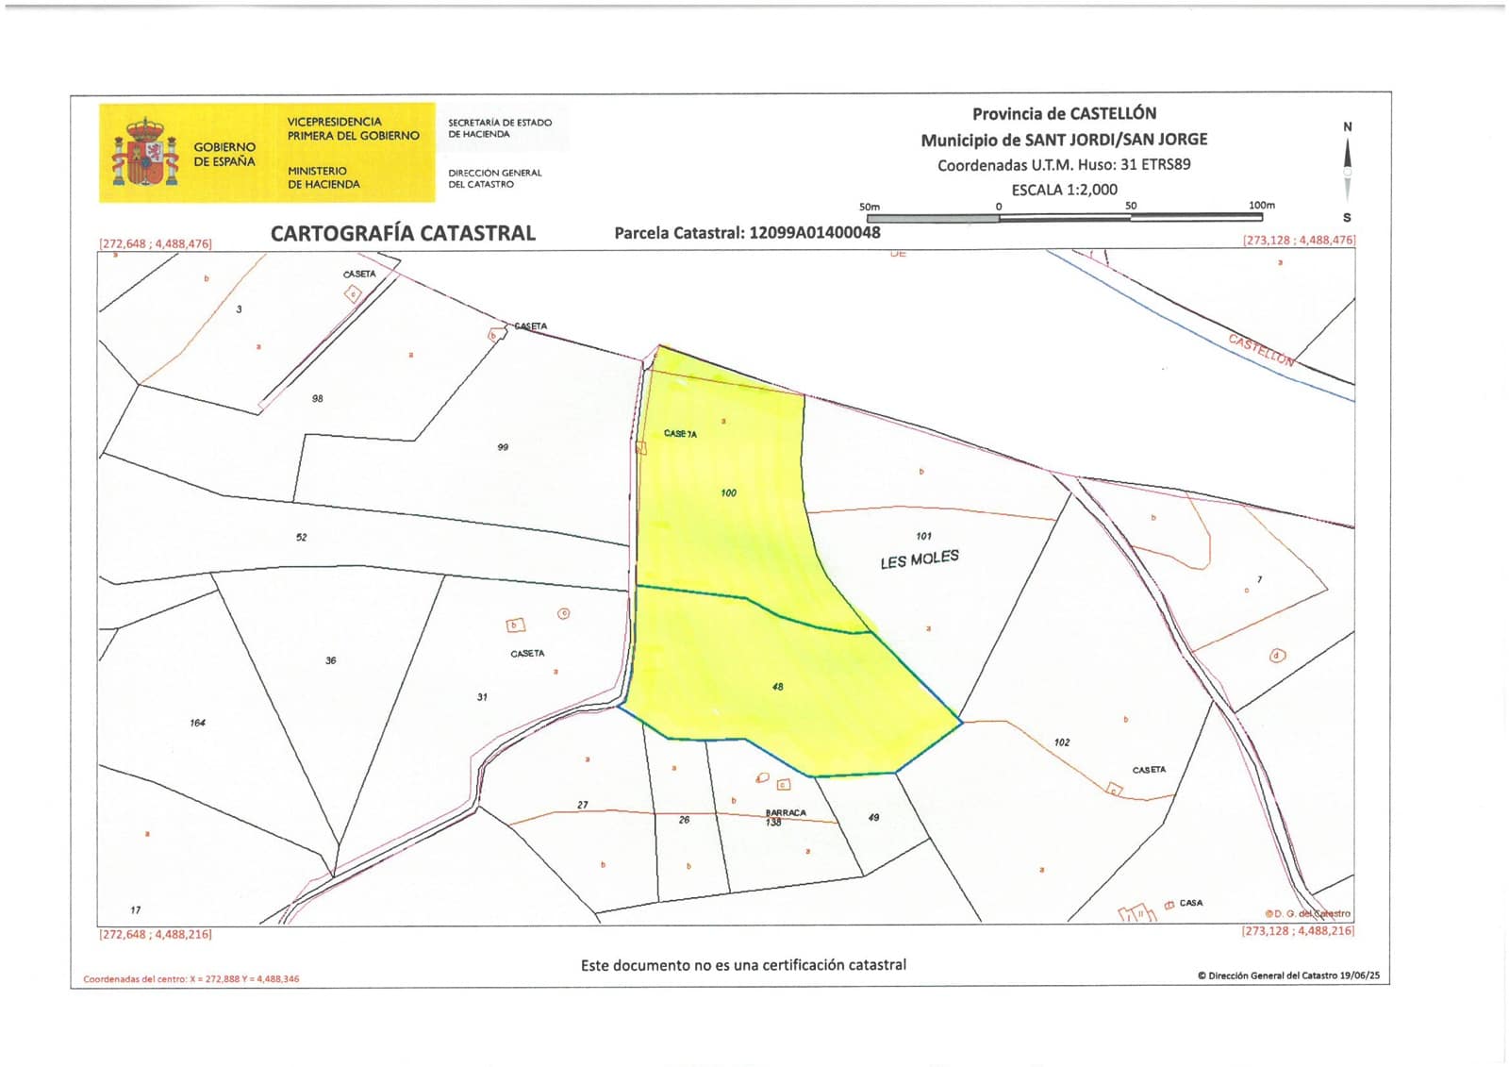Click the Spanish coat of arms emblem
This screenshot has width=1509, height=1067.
coord(145,152)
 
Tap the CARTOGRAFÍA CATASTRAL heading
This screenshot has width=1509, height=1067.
coord(403,233)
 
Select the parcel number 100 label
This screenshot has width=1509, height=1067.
coord(728,492)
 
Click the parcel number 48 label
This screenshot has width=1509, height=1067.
coord(777,687)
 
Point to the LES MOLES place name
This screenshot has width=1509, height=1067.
coord(920,559)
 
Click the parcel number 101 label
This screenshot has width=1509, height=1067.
coord(923,536)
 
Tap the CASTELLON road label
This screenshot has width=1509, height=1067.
coord(1261,349)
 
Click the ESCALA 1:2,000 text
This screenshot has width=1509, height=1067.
coord(1064,190)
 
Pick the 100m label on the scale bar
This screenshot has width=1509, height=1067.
coord(1261,205)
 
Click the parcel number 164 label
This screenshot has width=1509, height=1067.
coord(197,723)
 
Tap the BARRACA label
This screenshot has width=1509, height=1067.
coord(786,812)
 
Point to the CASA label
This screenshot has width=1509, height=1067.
coord(1191,903)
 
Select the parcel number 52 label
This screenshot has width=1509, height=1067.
coord(301,537)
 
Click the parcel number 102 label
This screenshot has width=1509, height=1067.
coord(1062,742)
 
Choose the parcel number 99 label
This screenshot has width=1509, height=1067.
coord(503,447)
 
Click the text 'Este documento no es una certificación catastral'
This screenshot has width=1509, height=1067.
coord(743,965)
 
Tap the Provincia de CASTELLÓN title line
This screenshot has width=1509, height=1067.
coord(1064,114)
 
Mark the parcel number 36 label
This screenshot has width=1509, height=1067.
coord(330,660)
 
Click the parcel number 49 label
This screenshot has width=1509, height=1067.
coord(873,817)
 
